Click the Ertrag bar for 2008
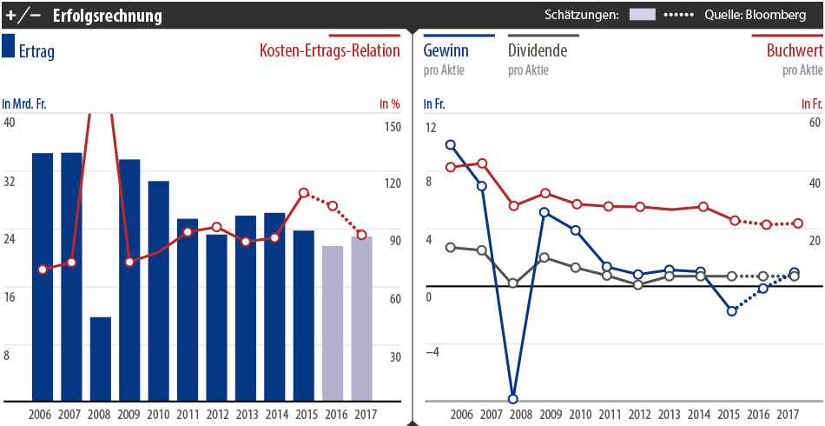click(x=101, y=358)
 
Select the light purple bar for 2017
click(x=361, y=318)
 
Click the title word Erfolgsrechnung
click(x=107, y=15)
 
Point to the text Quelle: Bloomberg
click(x=755, y=15)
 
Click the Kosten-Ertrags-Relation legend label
click(x=330, y=51)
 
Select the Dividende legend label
click(x=538, y=51)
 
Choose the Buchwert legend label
click(x=794, y=51)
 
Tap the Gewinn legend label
click(x=447, y=51)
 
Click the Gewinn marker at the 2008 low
click(x=512, y=399)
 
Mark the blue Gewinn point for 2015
click(x=732, y=311)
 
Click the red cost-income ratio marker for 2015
click(x=304, y=193)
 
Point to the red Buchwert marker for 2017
click(x=798, y=223)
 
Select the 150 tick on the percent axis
click(x=391, y=127)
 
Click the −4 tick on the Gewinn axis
click(x=432, y=351)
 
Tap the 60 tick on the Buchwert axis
click(x=814, y=122)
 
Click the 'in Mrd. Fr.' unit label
click(x=24, y=104)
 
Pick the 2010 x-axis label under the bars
click(x=158, y=415)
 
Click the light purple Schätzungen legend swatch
click(x=643, y=15)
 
